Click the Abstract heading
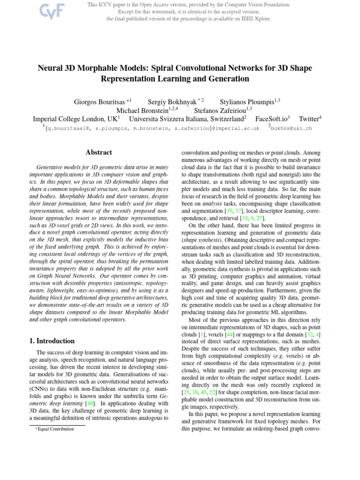tap(98, 152)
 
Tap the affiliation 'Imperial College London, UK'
tap(75, 119)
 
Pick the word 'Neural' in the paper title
tap(50, 68)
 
